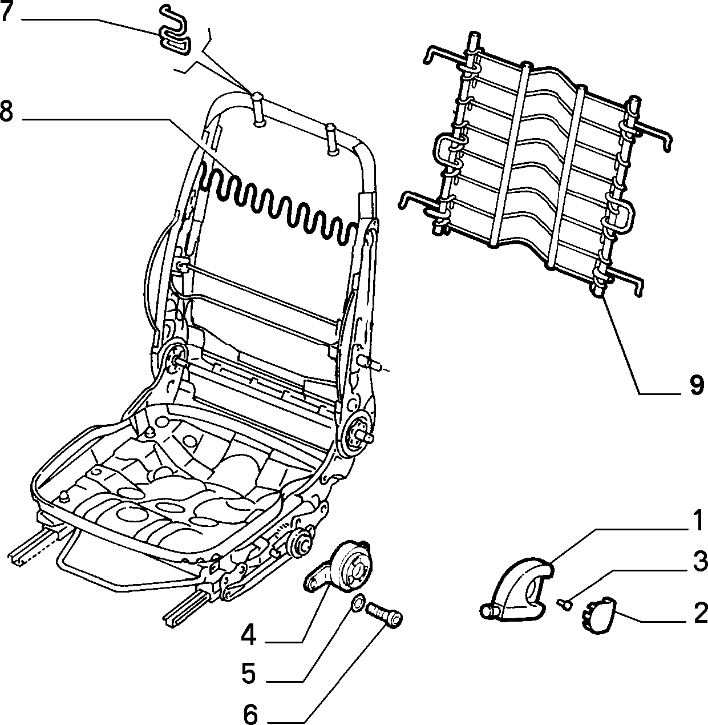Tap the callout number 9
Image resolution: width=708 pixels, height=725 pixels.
pyautogui.click(x=695, y=385)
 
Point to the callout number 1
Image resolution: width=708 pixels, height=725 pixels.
pyautogui.click(x=696, y=521)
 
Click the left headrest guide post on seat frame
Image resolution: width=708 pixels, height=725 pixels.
pyautogui.click(x=258, y=111)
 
